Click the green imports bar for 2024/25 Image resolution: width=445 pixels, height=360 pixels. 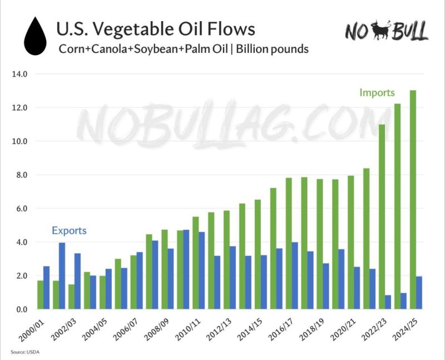pyautogui.click(x=413, y=200)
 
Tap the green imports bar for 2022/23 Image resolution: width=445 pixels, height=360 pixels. pyautogui.click(x=382, y=217)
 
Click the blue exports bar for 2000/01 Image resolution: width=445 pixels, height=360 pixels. pyautogui.click(x=47, y=288)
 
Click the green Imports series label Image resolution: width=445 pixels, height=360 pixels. pyautogui.click(x=377, y=92)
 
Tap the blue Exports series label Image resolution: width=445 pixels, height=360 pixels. pyautogui.click(x=69, y=230)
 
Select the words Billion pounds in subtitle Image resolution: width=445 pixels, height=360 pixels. pyautogui.click(x=273, y=49)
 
